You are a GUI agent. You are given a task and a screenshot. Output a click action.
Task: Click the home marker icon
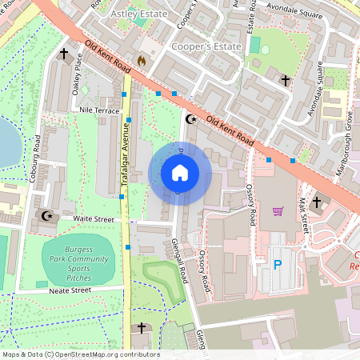pyautogui.click(x=180, y=173)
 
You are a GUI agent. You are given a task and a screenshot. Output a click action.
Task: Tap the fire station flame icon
pyautogui.click(x=142, y=60)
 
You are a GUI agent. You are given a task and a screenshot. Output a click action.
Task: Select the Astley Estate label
pyautogui.click(x=140, y=14)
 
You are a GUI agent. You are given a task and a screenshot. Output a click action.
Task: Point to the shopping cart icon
pyautogui.click(x=278, y=211)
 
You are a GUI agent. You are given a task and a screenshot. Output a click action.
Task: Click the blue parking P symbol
pyautogui.click(x=278, y=264)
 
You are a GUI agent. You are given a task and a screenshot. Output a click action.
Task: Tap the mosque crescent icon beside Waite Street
pyautogui.click(x=46, y=215)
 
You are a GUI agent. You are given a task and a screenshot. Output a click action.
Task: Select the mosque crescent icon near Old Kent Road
pyautogui.click(x=190, y=119)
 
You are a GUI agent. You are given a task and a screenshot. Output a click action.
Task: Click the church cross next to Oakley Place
pyautogui.click(x=64, y=54)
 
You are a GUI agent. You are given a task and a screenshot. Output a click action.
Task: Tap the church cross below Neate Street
pyautogui.click(x=142, y=328)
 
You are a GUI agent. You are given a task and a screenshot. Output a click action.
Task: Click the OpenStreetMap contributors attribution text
pyautogui.click(x=80, y=354)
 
